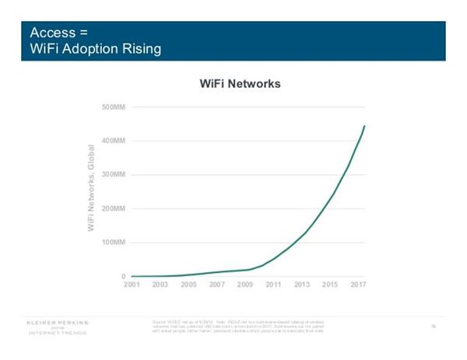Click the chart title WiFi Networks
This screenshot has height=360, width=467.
(240, 83)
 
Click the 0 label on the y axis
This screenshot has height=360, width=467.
(123, 277)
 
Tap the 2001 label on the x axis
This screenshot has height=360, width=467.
(132, 286)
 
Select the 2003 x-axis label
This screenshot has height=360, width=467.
(160, 286)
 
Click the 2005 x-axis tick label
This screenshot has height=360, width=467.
(188, 286)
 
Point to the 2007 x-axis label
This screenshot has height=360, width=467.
(217, 286)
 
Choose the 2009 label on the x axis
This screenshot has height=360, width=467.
(246, 286)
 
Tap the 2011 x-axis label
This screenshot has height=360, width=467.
(274, 286)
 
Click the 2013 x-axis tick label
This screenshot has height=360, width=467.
(303, 286)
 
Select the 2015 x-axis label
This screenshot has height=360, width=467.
(331, 286)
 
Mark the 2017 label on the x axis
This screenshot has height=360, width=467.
(357, 286)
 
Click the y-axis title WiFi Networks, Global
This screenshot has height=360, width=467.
(91, 187)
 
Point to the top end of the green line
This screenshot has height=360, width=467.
(364, 126)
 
